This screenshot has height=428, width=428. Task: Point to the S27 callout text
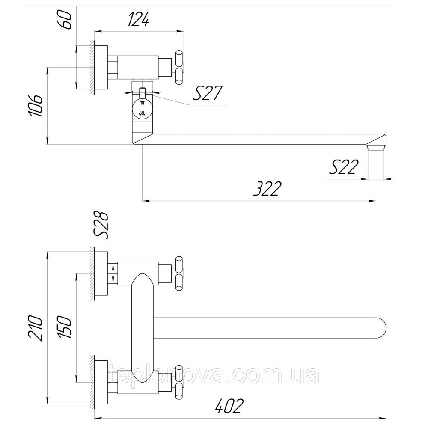tap(208, 93)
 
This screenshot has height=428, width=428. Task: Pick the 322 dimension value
tap(267, 188)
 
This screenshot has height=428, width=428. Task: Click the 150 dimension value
tap(65, 327)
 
